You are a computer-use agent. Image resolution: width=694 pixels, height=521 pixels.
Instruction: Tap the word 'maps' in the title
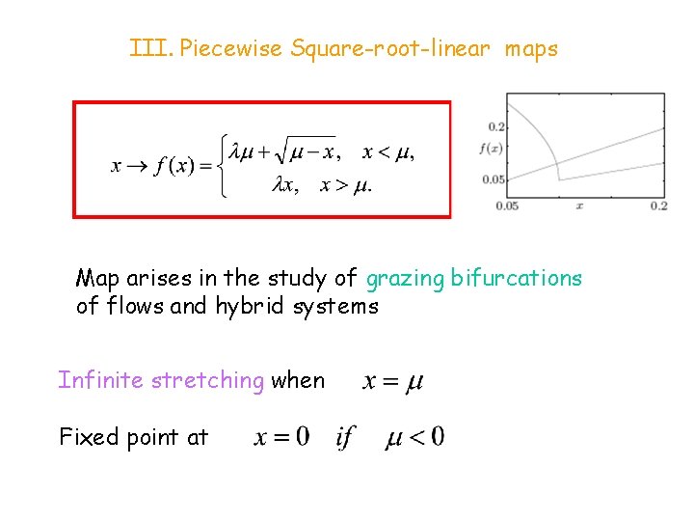pos(529,48)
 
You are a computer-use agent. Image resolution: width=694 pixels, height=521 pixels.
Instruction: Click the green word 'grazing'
pos(404,280)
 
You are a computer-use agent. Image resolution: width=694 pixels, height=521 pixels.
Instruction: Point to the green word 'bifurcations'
pos(516,279)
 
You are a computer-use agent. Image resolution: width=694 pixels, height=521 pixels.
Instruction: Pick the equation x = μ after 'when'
pos(392,381)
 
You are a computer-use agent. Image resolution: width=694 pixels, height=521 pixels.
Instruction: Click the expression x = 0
pos(281,437)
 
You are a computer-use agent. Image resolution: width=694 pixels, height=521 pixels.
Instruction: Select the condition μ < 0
pos(414,437)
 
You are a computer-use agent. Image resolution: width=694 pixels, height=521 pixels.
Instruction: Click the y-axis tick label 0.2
pos(496,127)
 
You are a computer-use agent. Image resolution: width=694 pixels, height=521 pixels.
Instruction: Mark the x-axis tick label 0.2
pos(658,206)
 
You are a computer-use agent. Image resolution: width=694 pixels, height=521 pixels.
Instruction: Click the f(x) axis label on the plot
pos(492,149)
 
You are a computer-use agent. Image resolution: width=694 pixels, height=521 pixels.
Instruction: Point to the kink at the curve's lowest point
pos(558,178)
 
